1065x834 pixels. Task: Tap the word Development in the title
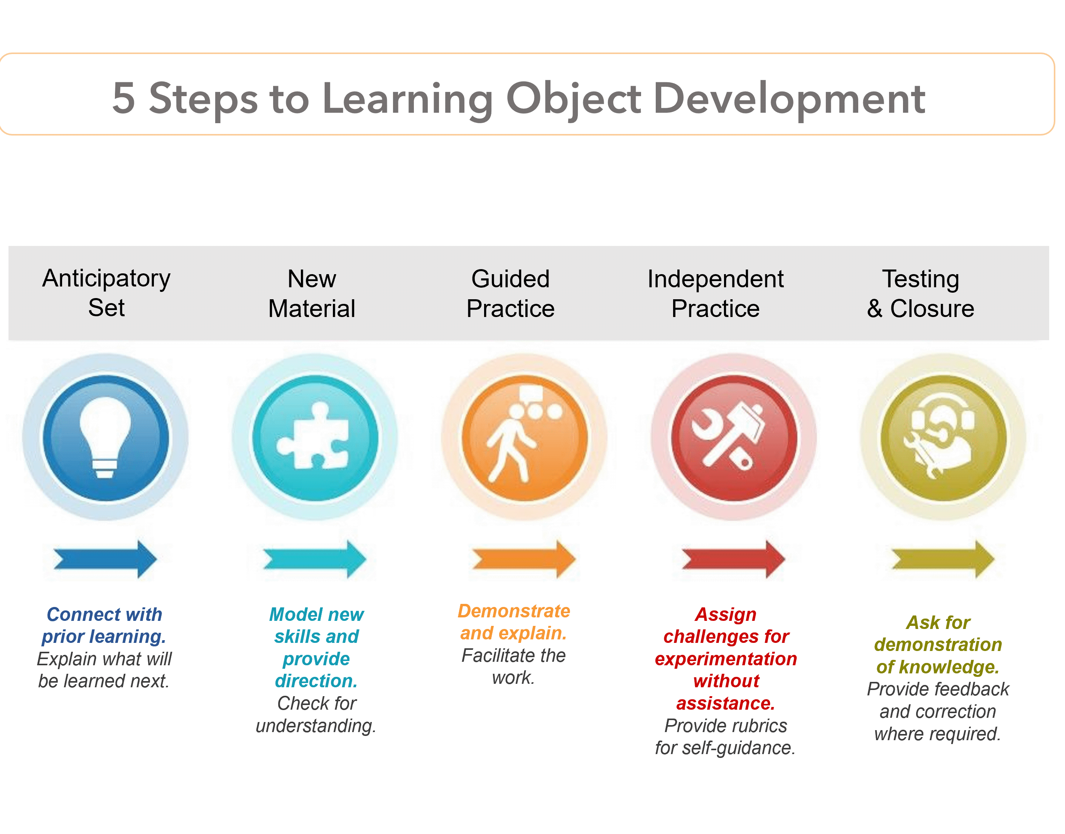pos(789,98)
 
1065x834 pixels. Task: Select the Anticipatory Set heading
pos(106,293)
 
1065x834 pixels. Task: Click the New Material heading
pos(312,293)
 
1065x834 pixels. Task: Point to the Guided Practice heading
pos(510,293)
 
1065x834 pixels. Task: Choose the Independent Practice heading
pos(715,293)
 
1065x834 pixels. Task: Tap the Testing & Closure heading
pos(921,293)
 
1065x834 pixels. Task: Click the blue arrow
pos(105,559)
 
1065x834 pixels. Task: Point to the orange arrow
pos(524,559)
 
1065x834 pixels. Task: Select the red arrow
pos(733,559)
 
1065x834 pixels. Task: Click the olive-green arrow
pos(943,559)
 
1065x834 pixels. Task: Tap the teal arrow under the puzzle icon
pos(315,559)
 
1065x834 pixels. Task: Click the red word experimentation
pos(726,659)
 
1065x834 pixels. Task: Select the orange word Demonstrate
pos(514,611)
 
